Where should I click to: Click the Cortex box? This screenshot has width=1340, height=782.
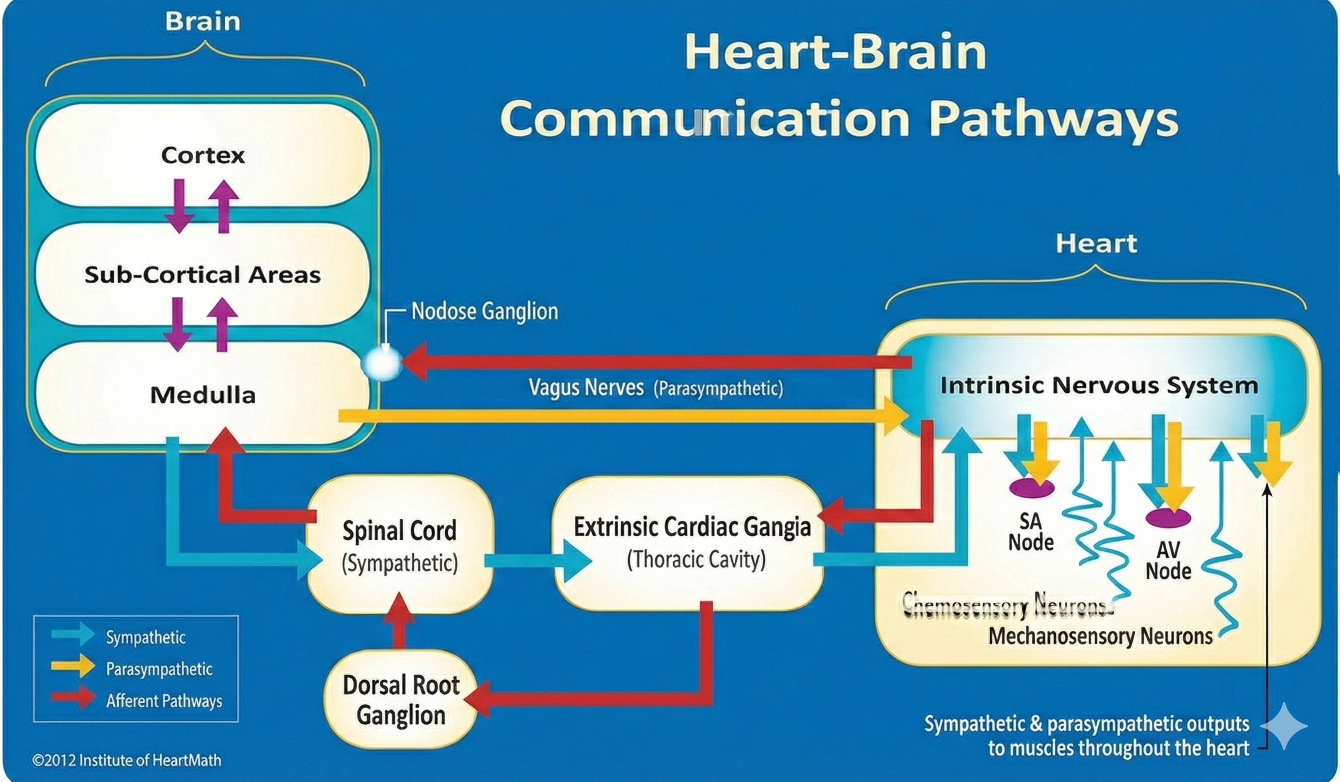click(202, 155)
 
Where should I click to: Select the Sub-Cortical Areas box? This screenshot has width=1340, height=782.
click(202, 274)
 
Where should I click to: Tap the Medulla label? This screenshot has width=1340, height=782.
click(202, 394)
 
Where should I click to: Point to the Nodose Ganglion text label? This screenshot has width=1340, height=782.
click(485, 311)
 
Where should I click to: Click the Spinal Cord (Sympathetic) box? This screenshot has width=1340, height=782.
click(400, 545)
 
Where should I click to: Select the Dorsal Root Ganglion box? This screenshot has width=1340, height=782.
click(400, 700)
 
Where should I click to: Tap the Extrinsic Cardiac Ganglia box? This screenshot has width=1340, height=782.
click(691, 543)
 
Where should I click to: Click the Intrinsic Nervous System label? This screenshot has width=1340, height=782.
click(1099, 385)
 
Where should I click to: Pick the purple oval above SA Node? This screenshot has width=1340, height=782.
click(1031, 487)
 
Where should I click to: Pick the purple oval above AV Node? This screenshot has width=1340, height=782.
click(1168, 517)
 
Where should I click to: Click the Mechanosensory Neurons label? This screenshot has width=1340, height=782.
click(1100, 636)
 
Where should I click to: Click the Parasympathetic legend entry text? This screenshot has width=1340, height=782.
click(159, 669)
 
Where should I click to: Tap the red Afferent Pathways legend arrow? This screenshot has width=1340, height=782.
click(73, 697)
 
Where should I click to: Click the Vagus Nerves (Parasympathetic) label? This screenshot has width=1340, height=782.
click(655, 388)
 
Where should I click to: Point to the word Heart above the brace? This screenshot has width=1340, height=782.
click(1096, 243)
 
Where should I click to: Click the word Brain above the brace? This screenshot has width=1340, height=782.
click(202, 21)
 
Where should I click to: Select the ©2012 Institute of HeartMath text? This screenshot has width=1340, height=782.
click(127, 760)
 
